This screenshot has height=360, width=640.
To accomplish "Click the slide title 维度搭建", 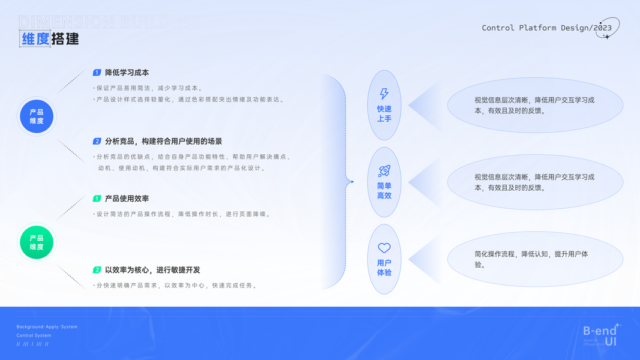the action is (50, 39).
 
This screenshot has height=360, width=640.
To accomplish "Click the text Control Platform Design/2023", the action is (546, 28).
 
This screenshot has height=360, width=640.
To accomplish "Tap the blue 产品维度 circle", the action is (37, 116).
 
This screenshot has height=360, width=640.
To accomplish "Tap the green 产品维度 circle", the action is (37, 242).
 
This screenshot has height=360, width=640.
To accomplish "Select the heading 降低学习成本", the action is (127, 73).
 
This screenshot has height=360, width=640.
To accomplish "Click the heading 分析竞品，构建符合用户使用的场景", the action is (163, 142).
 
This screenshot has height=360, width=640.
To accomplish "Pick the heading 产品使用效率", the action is (127, 199).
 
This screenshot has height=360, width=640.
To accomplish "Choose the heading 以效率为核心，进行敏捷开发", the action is (152, 270).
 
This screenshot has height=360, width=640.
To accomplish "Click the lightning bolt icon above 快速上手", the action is (384, 94).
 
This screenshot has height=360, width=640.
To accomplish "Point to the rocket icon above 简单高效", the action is (384, 171).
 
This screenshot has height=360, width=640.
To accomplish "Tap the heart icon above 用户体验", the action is (384, 248).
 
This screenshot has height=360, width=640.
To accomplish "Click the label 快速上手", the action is (384, 113).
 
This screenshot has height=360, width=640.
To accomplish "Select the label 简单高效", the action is (384, 191).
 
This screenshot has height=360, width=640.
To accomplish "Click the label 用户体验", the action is (384, 268).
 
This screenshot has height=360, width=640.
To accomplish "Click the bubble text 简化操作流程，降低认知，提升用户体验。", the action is (531, 259).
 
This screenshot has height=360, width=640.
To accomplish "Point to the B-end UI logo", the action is (601, 335).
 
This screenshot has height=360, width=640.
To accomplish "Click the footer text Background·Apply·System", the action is (47, 327).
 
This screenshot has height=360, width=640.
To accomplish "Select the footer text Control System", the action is (34, 335).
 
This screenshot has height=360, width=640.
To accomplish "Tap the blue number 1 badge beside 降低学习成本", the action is (97, 73).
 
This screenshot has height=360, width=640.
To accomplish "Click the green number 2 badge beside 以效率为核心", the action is (97, 270).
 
